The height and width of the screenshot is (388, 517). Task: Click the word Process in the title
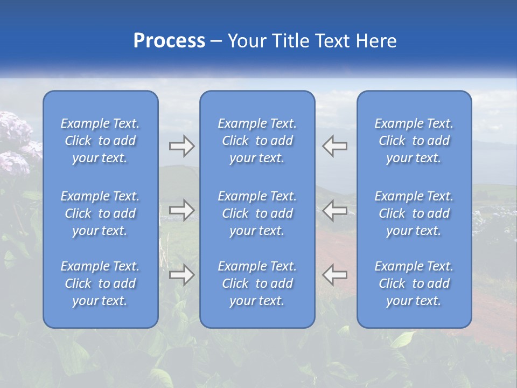pyautogui.click(x=169, y=41)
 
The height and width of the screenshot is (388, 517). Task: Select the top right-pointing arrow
pyautogui.click(x=181, y=146)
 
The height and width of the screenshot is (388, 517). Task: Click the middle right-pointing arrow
pyautogui.click(x=181, y=210)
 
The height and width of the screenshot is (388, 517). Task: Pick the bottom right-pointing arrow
pyautogui.click(x=181, y=275)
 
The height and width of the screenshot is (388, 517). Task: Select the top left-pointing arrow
pyautogui.click(x=335, y=146)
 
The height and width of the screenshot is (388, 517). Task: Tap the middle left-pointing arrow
pyautogui.click(x=335, y=210)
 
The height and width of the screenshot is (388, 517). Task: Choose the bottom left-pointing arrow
pyautogui.click(x=335, y=275)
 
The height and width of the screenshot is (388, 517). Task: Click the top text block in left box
pyautogui.click(x=100, y=141)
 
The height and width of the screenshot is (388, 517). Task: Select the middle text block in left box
pyautogui.click(x=100, y=213)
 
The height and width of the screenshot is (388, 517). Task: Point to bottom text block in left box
pyautogui.click(x=100, y=283)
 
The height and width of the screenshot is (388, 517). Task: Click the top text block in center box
pyautogui.click(x=257, y=141)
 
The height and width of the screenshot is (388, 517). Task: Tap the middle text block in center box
pyautogui.click(x=257, y=213)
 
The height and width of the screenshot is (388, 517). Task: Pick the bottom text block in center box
pyautogui.click(x=257, y=283)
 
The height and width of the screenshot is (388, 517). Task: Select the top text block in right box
pyautogui.click(x=414, y=141)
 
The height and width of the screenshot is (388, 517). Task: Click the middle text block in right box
pyautogui.click(x=414, y=213)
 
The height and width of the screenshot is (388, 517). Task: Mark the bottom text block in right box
pyautogui.click(x=414, y=283)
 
